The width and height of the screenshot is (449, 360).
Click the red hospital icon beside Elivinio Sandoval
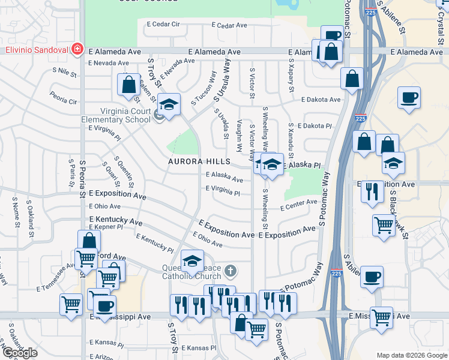tap(77, 49)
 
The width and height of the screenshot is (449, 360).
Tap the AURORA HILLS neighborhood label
tap(199, 162)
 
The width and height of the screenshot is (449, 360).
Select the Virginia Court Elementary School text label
tap(116, 115)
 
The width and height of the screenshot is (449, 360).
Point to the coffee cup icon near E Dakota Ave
tap(409, 98)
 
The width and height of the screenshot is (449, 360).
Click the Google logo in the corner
tap(20, 353)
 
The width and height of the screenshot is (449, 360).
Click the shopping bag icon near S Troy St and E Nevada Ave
tap(128, 85)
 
